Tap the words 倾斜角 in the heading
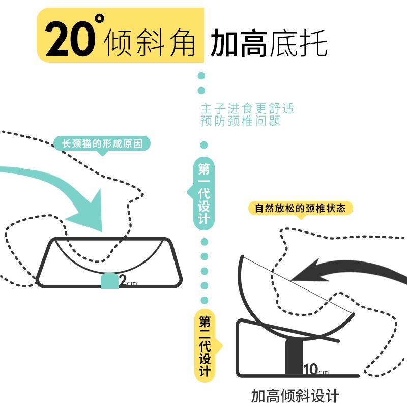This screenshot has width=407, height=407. [x=150, y=43]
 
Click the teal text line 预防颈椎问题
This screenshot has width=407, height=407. [x=241, y=122]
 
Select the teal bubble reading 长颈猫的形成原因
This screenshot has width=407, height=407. [x=103, y=144]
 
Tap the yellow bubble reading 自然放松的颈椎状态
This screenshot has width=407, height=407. [x=300, y=208]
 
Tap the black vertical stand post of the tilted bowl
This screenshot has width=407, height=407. [x=294, y=356]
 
